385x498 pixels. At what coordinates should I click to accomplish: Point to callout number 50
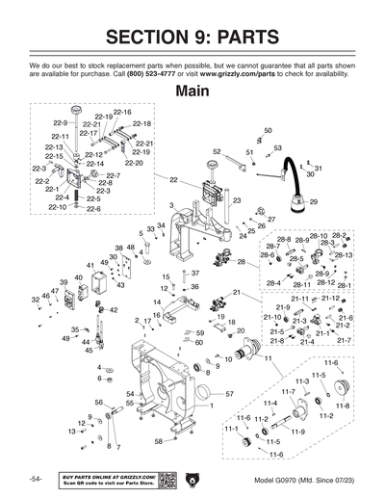point(268,130)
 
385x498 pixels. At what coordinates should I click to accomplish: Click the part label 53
point(277,148)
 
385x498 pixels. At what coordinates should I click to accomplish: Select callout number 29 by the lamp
point(313,201)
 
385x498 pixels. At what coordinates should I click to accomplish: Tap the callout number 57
point(230,394)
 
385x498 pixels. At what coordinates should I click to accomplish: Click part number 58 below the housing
point(158,441)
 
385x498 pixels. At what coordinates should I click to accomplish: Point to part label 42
point(113,310)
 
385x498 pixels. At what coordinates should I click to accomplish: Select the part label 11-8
point(343,406)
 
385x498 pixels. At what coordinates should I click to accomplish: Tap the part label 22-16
point(122,113)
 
